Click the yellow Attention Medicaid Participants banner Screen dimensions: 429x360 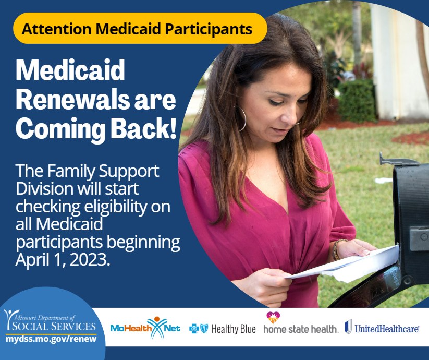pyautogui.click(x=140, y=28)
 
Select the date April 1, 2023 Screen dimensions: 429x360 pyautogui.click(x=63, y=260)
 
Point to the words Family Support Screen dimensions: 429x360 pyautogui.click(x=103, y=171)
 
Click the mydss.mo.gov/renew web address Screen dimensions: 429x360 pyautogui.click(x=51, y=339)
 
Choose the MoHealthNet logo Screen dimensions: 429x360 pyautogui.click(x=145, y=328)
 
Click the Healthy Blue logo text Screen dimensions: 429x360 pyautogui.click(x=234, y=329)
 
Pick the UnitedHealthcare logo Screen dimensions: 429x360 pyautogui.click(x=382, y=328)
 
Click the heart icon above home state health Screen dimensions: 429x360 pyautogui.click(x=273, y=317)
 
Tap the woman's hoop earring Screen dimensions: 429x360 pyautogui.click(x=241, y=119)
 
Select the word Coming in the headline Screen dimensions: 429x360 pyautogui.click(x=60, y=129)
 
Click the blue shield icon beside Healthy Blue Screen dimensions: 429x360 pyautogui.click(x=204, y=329)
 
